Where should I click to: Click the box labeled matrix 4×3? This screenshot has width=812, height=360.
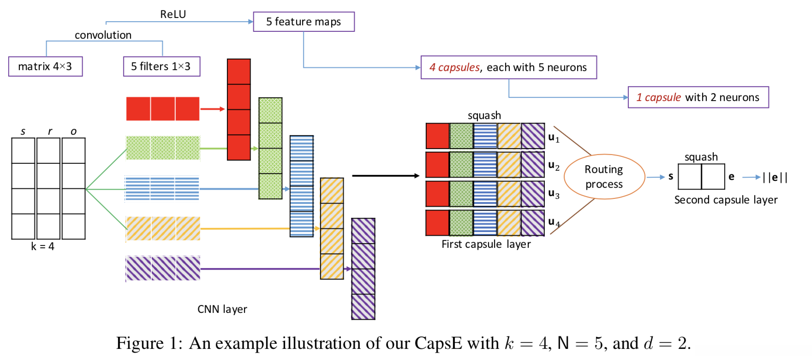45,66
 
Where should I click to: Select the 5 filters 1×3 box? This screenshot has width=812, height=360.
161,66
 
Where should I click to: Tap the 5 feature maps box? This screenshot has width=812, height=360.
304,22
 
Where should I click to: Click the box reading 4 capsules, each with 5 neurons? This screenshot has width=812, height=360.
508,67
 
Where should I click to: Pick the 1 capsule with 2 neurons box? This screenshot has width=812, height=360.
698,97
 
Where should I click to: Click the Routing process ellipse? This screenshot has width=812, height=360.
604,177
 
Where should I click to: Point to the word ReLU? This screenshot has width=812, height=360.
173,14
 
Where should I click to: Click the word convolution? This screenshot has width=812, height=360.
103,35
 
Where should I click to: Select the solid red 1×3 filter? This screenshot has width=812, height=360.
163,109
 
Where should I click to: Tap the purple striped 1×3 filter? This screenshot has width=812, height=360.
163,269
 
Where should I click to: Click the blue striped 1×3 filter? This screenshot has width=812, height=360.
162,189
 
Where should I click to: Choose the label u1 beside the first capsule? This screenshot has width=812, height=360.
554,138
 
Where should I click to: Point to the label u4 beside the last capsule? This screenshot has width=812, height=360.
554,222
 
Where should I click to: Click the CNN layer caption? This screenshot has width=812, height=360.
222,309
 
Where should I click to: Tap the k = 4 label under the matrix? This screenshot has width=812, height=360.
42,246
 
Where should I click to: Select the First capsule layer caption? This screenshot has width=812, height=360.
486,244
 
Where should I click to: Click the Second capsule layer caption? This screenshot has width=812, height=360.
726,200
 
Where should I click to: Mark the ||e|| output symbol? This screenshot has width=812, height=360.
775,177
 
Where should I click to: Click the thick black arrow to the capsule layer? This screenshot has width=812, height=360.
385,175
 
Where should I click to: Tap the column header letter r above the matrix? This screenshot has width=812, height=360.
50,132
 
